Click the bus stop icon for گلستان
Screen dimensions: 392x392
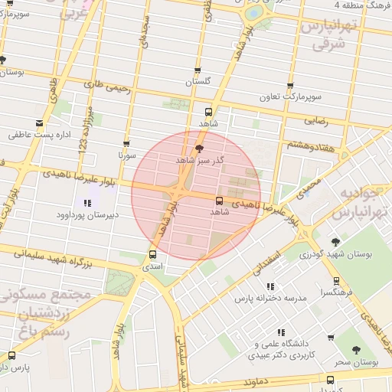(198, 70)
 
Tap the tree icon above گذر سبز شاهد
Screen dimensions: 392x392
(200, 149)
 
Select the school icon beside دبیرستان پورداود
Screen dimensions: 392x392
(87, 204)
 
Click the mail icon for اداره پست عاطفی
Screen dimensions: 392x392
(39, 122)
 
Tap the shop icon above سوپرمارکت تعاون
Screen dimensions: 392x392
(289, 86)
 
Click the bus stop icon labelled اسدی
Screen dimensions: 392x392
(152, 254)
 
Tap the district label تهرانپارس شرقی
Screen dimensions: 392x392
(329, 34)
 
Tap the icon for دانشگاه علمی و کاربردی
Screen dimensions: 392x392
(281, 332)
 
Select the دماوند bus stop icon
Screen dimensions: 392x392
(330, 380)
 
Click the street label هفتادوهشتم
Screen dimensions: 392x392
(312, 144)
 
